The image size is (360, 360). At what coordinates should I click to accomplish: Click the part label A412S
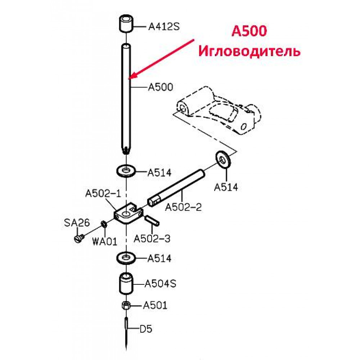[164, 27]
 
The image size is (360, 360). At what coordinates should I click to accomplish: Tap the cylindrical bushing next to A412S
[126, 23]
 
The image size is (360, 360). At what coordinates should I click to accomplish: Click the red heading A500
[249, 31]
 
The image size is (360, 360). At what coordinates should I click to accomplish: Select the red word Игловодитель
[249, 51]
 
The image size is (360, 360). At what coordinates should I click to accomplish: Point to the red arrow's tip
[129, 78]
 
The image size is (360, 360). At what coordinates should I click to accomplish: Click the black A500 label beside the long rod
[161, 87]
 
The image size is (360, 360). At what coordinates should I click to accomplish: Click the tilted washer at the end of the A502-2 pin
[223, 159]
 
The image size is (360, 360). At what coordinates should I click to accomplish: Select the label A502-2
[183, 207]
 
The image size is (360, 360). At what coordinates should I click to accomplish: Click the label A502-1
[103, 193]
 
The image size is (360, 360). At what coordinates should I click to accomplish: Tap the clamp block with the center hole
[128, 213]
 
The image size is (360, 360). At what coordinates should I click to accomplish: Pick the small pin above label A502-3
[152, 220]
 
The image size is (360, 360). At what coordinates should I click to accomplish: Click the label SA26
[77, 222]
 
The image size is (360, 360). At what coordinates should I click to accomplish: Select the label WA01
[104, 242]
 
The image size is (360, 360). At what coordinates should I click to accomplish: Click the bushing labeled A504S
[126, 283]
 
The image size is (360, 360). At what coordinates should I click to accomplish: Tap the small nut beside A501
[126, 305]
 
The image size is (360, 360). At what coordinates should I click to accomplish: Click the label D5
[146, 329]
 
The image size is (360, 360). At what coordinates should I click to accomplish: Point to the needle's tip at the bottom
[126, 350]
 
